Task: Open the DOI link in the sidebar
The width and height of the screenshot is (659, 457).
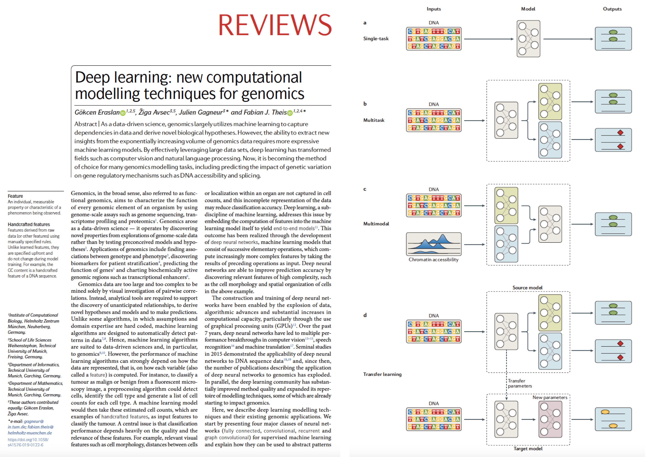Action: [28, 442]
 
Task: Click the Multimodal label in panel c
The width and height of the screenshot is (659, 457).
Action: [376, 224]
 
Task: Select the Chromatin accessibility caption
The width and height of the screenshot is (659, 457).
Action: [433, 259]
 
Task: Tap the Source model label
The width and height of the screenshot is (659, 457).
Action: [527, 287]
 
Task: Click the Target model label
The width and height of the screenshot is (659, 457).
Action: [528, 448]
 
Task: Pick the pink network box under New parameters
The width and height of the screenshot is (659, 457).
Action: [550, 419]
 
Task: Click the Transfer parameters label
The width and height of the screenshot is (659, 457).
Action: [520, 383]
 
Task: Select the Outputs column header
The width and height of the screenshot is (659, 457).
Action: [612, 9]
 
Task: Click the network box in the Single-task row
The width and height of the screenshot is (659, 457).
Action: [528, 39]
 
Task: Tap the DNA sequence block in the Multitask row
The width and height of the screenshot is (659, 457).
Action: [434, 120]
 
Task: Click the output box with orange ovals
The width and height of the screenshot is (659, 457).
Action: [613, 419]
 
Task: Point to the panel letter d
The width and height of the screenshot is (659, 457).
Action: [365, 315]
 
